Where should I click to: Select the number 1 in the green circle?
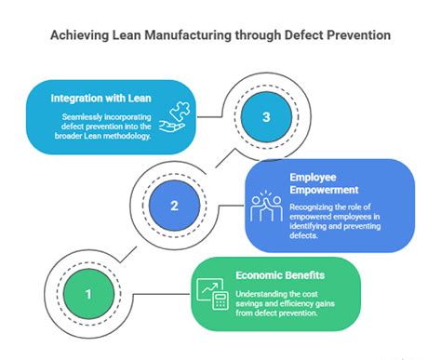tap(88, 295)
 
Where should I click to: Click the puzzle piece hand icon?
tap(175, 118)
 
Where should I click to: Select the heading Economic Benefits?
tap(282, 275)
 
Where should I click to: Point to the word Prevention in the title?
tap(358, 36)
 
